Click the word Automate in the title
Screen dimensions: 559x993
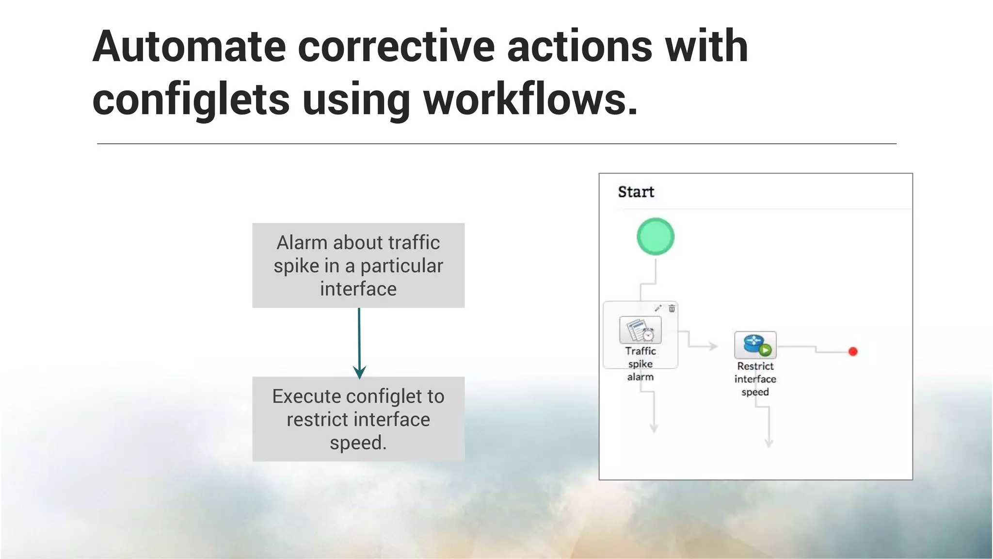pos(189,47)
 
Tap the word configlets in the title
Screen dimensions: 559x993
pos(191,100)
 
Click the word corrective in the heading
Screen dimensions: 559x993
pos(396,47)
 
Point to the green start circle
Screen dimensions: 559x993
pos(655,237)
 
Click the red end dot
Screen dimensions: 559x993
pos(853,351)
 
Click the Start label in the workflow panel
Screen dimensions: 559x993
pos(636,192)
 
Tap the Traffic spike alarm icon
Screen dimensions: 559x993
pos(641,330)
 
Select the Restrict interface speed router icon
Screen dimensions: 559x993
pos(755,345)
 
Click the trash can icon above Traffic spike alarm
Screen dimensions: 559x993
pos(672,309)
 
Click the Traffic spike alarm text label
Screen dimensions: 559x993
pos(641,364)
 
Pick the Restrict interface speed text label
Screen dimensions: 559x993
pos(755,379)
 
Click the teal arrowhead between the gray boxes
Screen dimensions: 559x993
pos(359,372)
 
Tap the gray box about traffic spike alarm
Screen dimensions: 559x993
pos(358,265)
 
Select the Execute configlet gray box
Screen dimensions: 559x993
pos(358,419)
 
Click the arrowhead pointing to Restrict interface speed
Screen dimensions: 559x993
pos(713,346)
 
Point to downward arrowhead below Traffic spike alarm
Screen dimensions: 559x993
pos(654,428)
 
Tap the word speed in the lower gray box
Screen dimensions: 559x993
pos(358,443)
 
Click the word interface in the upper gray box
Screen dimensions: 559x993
pos(358,289)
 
